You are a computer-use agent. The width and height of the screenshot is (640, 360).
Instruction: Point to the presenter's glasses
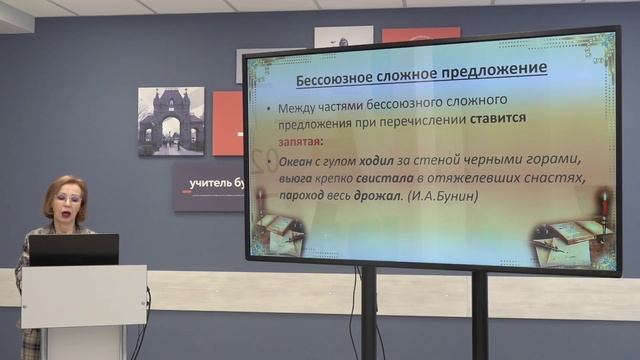[67, 200]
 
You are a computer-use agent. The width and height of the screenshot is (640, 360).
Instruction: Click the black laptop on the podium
[73, 249]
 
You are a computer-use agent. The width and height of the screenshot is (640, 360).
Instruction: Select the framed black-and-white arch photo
[171, 121]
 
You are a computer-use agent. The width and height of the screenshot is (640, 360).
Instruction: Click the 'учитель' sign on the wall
[208, 185]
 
